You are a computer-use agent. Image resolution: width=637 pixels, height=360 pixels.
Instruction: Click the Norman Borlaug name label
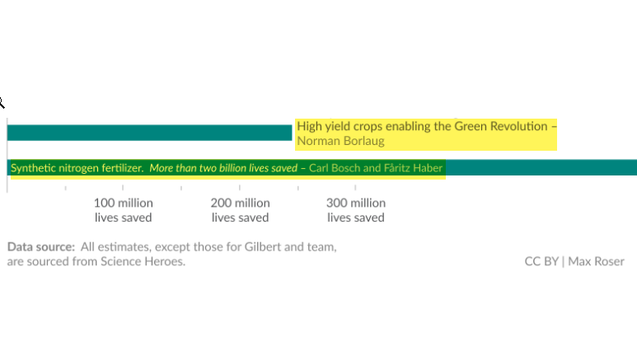click(x=340, y=141)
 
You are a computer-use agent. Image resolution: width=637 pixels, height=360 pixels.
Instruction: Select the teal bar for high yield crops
click(x=148, y=133)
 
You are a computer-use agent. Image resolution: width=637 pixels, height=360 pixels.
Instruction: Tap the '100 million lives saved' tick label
click(x=123, y=210)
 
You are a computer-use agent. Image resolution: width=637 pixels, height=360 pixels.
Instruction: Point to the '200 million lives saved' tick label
click(x=240, y=210)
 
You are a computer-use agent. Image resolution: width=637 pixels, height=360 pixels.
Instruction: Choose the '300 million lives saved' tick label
click(x=356, y=210)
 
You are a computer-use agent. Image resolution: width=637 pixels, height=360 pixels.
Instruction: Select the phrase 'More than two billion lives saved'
click(x=223, y=168)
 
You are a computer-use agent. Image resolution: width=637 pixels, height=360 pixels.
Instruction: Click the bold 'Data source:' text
click(x=41, y=246)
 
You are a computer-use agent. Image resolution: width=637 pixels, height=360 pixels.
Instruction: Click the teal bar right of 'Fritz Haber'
click(x=541, y=168)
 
